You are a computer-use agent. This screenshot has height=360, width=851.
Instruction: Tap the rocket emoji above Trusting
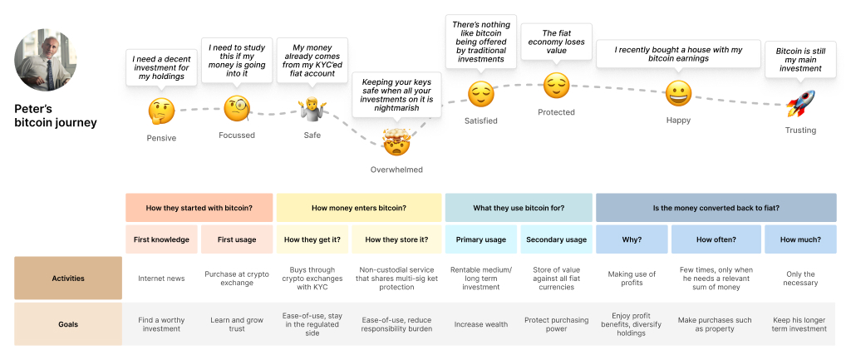[800, 104]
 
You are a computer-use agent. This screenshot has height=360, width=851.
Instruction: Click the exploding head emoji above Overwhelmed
[396, 143]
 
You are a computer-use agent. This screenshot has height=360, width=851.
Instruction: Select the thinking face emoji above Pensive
[160, 111]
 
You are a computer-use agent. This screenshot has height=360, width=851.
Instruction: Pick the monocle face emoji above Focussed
[236, 107]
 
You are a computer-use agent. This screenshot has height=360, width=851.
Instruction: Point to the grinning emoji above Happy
[679, 94]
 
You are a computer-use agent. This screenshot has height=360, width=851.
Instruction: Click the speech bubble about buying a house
[678, 55]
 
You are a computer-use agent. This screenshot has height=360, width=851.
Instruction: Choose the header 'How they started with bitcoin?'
[199, 208]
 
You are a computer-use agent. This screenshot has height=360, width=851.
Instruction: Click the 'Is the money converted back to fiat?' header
[716, 208]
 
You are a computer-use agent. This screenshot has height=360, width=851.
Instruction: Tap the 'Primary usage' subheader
[480, 239]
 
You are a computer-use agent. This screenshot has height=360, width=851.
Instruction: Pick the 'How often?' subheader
[716, 239]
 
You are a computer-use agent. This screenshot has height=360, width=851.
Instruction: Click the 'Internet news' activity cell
[161, 279]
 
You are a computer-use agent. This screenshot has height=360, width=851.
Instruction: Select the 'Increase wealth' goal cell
[480, 323]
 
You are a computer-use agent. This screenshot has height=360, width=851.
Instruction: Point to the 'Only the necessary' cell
[800, 279]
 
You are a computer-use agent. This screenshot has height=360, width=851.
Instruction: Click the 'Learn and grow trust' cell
[236, 323]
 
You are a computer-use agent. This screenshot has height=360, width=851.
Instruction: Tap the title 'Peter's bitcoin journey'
[56, 116]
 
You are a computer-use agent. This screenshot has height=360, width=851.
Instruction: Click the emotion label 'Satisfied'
[480, 121]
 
